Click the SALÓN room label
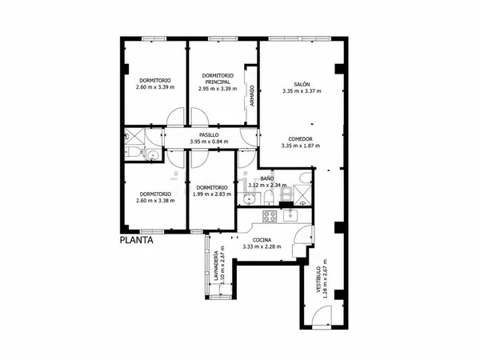[302, 84]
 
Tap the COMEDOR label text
[300, 139]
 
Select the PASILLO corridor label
[209, 134]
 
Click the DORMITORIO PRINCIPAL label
[218, 78]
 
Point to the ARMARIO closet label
[252, 95]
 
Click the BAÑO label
[267, 178]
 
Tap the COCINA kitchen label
[262, 240]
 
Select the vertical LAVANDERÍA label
[216, 266]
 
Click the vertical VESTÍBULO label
[318, 279]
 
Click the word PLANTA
[137, 240]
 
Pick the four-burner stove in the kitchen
[270, 216]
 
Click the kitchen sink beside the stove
[290, 215]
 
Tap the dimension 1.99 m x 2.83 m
[212, 194]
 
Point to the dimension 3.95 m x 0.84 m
[209, 142]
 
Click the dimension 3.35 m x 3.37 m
[302, 91]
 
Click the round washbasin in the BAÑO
[249, 199]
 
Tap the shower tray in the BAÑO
[302, 194]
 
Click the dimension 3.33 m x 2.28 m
[262, 246]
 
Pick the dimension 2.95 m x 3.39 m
[218, 89]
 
